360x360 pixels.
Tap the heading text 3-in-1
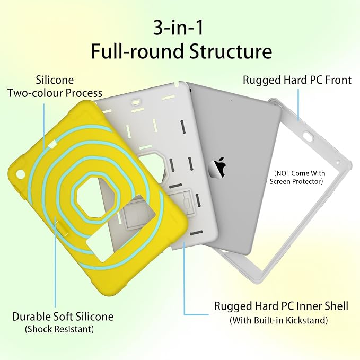[178, 28]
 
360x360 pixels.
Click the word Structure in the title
[231, 51]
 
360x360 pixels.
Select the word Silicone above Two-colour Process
[55, 80]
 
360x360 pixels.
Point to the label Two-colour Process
[55, 93]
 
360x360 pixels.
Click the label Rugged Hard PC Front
[297, 80]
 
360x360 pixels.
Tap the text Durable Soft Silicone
[63, 317]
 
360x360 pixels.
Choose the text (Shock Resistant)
[59, 329]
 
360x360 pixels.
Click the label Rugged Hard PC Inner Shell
[281, 306]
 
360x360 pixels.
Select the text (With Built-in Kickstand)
[278, 320]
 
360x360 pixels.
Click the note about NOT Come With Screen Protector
[298, 177]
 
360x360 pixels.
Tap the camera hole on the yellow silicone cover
[21, 174]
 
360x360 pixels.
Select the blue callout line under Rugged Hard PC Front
[298, 104]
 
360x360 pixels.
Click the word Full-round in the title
[137, 51]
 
